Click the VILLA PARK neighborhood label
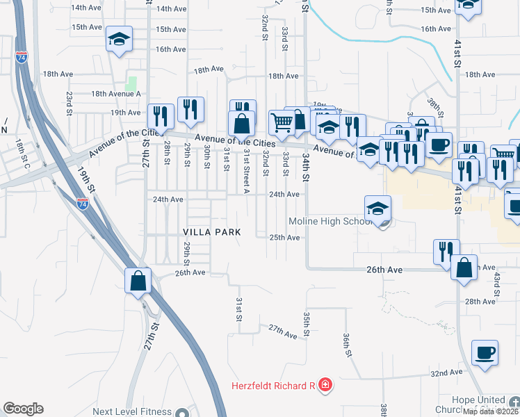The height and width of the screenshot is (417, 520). pos(212,231)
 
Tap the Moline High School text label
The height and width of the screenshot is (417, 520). pos(332,222)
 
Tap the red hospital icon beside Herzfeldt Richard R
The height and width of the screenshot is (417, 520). pos(326,385)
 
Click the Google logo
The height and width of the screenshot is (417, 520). pos(23,409)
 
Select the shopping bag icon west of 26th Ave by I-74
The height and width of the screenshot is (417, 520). pos(138,281)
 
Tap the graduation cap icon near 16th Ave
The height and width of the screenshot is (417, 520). pos(119,38)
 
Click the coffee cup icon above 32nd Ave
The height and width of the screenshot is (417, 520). pos(485,352)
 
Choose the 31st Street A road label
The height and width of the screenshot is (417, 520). pos(246,170)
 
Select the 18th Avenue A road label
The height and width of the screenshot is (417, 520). pos(115,94)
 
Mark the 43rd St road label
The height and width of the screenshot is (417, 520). pos(497,286)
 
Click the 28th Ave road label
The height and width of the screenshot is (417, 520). pos(480,301)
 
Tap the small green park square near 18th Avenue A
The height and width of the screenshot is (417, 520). pos(131,82)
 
